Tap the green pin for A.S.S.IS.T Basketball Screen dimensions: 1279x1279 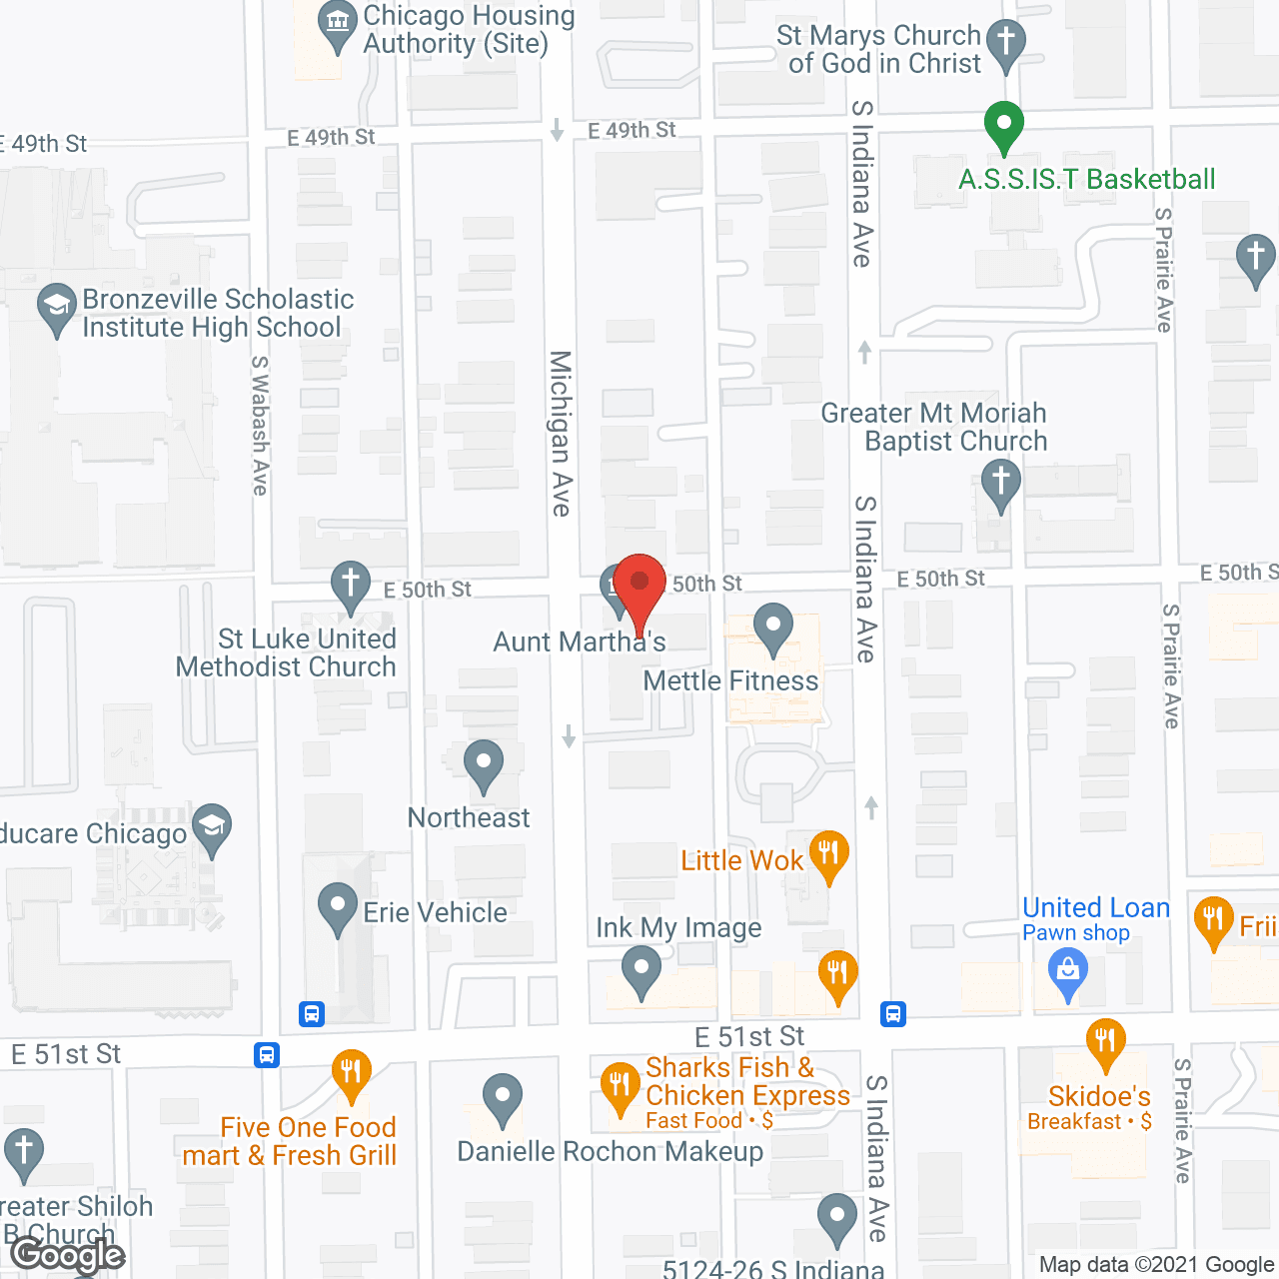pyautogui.click(x=1004, y=127)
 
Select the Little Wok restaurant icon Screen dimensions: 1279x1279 pyautogui.click(x=828, y=855)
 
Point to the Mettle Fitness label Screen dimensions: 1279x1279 pyautogui.click(x=730, y=681)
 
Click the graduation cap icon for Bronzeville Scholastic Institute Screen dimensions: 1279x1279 pyautogui.click(x=56, y=308)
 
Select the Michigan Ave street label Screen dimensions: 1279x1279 pyautogui.click(x=561, y=433)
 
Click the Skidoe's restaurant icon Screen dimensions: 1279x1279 pyautogui.click(x=1104, y=1042)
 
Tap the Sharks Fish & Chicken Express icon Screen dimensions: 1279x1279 pyautogui.click(x=621, y=1086)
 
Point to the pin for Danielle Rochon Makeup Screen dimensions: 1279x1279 pyautogui.click(x=502, y=1098)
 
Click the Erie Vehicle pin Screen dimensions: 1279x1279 pyautogui.click(x=338, y=907)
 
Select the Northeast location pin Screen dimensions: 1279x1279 pyautogui.click(x=484, y=764)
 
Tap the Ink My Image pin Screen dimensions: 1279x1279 pyautogui.click(x=640, y=969)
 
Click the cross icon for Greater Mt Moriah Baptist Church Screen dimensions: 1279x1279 pyautogui.click(x=1000, y=484)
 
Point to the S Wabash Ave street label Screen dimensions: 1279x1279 pyautogui.click(x=260, y=426)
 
